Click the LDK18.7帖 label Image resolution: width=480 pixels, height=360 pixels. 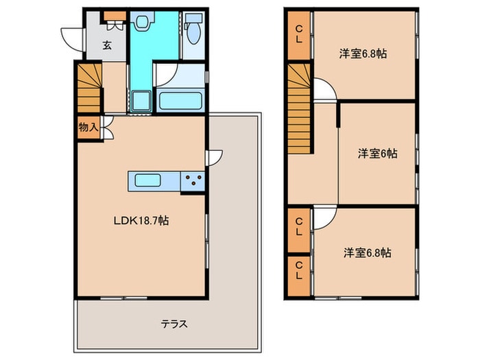click(141, 221)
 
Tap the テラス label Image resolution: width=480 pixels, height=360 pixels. click(174, 324)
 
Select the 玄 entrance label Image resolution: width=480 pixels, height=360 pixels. click(108, 47)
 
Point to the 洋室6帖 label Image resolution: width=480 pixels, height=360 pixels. click(376, 154)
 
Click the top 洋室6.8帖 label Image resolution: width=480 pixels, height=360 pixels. click(362, 53)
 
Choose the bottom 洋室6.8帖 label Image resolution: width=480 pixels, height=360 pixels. click(368, 252)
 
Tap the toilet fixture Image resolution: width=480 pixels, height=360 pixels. click(193, 27)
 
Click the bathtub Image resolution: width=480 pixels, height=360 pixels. click(180, 100)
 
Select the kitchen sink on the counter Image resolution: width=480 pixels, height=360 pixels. click(147, 181)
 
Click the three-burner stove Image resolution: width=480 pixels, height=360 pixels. click(192, 182)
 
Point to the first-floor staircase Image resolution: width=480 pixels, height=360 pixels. click(88, 87)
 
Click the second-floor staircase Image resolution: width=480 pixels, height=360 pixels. click(299, 110)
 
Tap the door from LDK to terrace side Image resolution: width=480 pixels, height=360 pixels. click(214, 157)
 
